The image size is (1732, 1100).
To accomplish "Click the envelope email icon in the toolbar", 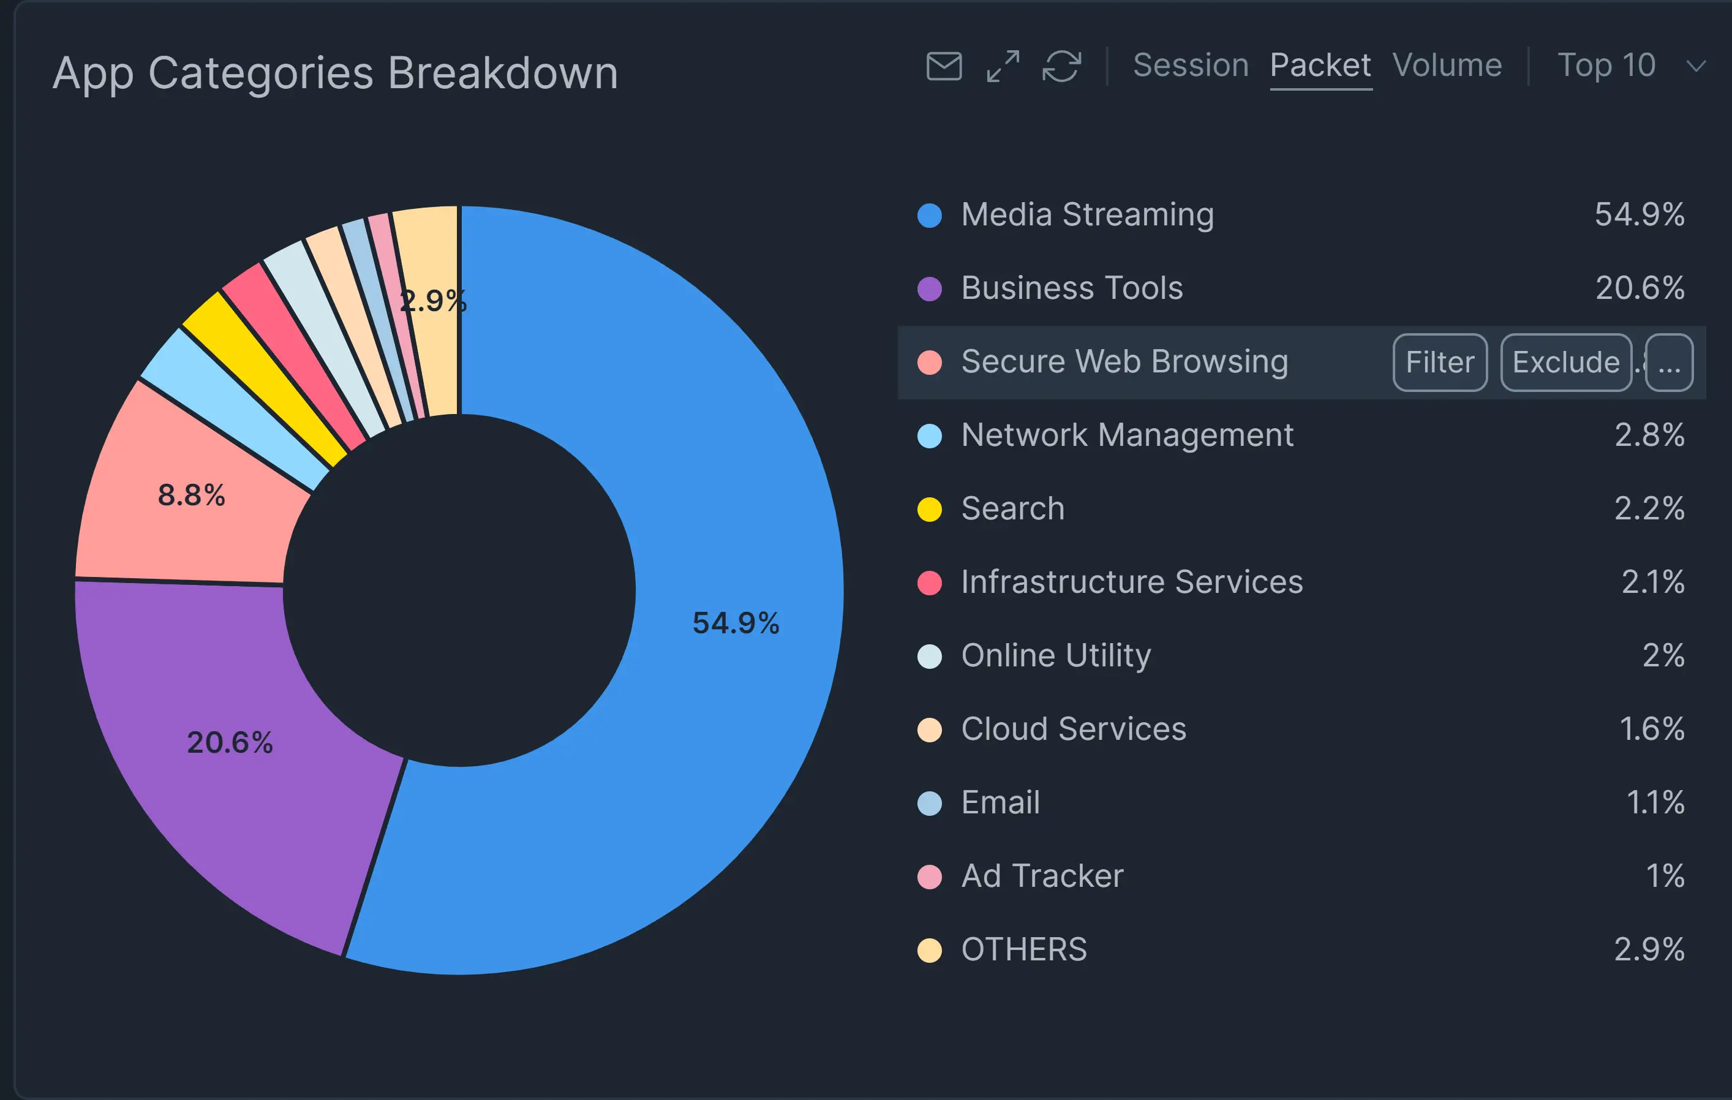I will (944, 66).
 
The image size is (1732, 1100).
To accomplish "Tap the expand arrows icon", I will (1003, 66).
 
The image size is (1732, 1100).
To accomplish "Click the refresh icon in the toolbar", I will (1061, 66).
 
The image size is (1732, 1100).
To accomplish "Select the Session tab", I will (1191, 66).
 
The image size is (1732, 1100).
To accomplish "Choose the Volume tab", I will (1447, 66).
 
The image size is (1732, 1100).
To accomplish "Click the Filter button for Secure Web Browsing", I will (1440, 363).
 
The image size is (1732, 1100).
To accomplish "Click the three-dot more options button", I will (1669, 363).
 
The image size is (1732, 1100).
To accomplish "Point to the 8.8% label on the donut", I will (191, 495).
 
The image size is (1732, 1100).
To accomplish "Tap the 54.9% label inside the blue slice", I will (736, 623).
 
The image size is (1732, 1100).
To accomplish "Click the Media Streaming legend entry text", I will (1088, 214).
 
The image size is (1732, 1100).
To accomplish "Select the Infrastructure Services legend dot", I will (929, 582).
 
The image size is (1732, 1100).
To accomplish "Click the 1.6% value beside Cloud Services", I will (1651, 729).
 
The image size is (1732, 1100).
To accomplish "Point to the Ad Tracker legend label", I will (1042, 876).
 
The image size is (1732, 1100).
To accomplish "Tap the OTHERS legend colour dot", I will (929, 950).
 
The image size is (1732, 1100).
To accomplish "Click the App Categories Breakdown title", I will (335, 73).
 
